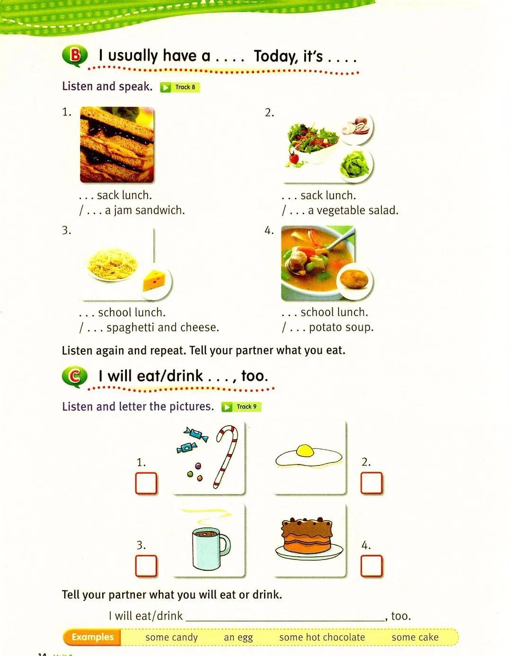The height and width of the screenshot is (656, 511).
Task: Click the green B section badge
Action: click(75, 56)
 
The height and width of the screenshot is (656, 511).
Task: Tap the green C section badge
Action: click(75, 377)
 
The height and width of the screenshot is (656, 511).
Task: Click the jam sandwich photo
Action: click(117, 145)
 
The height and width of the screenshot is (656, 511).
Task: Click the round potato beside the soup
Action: click(354, 279)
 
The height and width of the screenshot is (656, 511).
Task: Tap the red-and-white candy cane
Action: click(226, 457)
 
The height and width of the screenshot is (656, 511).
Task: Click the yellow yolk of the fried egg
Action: click(305, 450)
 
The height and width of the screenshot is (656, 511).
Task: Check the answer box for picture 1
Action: click(146, 483)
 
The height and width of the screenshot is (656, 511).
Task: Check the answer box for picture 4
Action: click(371, 566)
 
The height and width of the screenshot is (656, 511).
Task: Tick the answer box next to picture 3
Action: click(146, 566)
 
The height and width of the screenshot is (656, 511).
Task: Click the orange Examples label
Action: click(92, 637)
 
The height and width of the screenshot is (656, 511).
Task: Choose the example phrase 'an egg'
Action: click(238, 637)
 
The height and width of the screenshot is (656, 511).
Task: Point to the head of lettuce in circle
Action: click(355, 165)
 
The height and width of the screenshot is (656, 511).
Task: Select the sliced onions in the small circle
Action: click(356, 126)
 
